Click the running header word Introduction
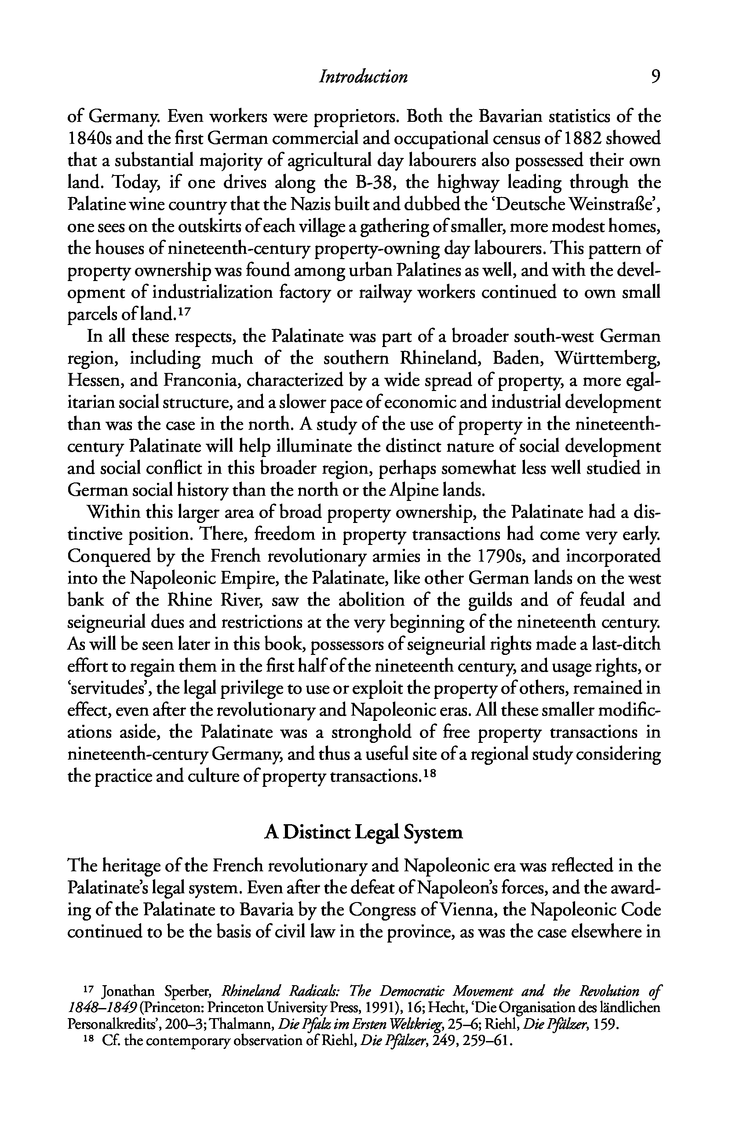coord(363,77)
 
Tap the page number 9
coord(655,77)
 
